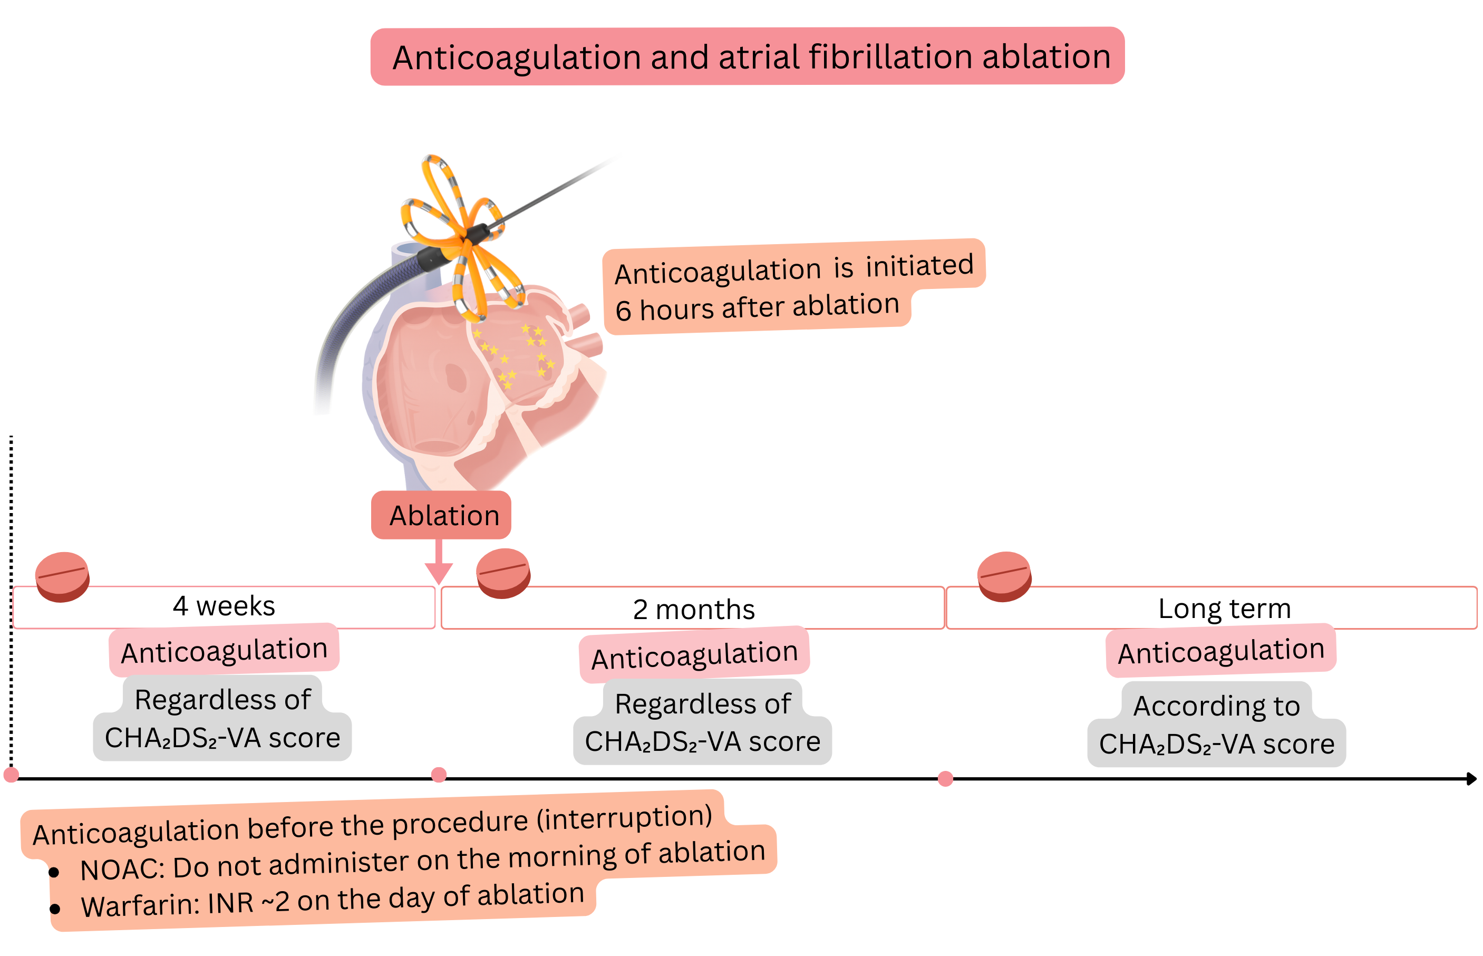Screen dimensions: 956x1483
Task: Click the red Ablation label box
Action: [x=441, y=515]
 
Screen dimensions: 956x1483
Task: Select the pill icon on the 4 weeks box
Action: [x=62, y=577]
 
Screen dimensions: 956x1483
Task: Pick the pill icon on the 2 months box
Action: [x=503, y=573]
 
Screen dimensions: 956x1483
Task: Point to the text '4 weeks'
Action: [x=224, y=606]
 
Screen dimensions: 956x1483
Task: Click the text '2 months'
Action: [x=693, y=610]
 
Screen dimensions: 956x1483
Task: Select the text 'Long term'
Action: [x=1224, y=609]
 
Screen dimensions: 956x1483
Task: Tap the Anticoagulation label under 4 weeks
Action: [x=224, y=651]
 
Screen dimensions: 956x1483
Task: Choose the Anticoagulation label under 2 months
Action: [x=694, y=655]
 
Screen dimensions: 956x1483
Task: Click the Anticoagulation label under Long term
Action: [x=1220, y=651]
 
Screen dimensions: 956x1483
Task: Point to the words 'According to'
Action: [x=1216, y=706]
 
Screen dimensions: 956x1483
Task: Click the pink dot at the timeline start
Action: [x=11, y=775]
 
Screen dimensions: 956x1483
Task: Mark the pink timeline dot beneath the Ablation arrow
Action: [x=439, y=775]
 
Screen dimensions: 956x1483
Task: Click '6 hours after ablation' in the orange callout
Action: [x=757, y=307]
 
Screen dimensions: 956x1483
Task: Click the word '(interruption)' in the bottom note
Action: [x=624, y=818]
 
